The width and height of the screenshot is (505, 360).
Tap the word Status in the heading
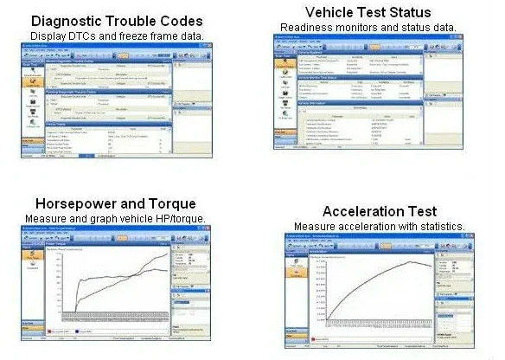point(407,12)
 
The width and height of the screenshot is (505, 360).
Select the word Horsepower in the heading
point(75,203)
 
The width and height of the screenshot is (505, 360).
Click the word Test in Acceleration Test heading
point(419,212)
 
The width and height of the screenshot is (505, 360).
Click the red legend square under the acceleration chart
point(313,337)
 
